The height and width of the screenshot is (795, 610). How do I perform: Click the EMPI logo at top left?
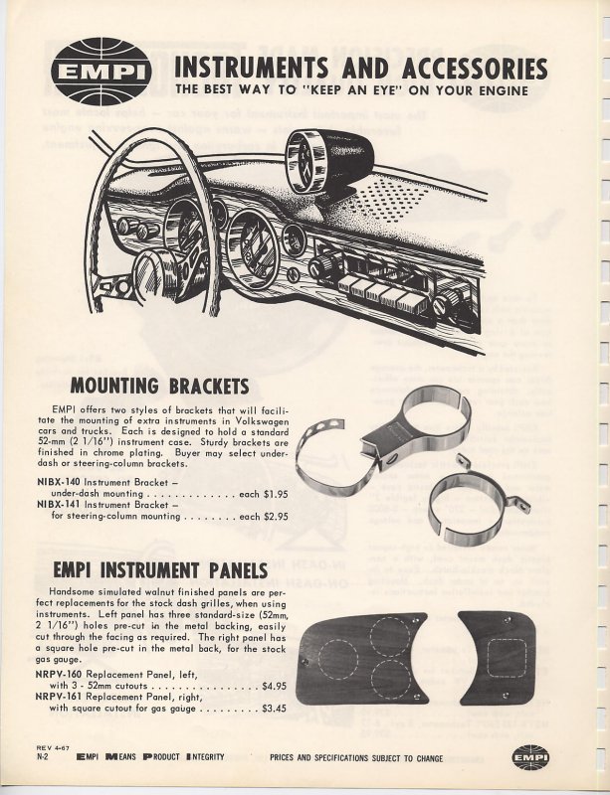pos(98,72)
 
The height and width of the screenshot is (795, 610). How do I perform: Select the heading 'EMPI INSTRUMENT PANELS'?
pos(168,570)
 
